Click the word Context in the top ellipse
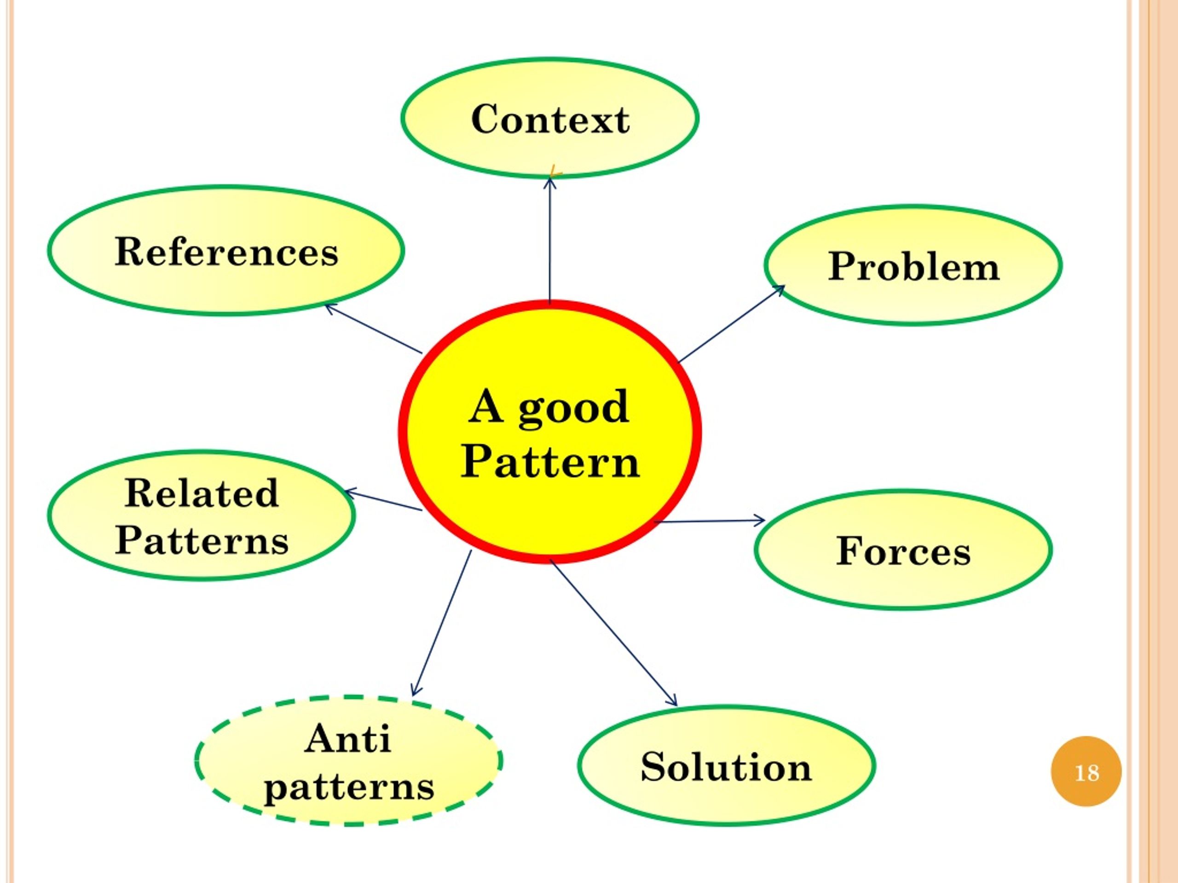pos(550,119)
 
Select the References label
pos(226,251)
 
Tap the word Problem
pos(914,266)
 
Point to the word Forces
pos(904,551)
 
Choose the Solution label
pos(727,767)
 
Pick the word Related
pos(202,493)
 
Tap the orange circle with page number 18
pos(1086,772)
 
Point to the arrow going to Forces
pos(710,521)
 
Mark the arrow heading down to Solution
pos(613,632)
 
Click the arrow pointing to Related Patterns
pos(383,500)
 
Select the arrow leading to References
pos(373,328)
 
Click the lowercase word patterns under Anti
pos(349,788)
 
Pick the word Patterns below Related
pos(202,541)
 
